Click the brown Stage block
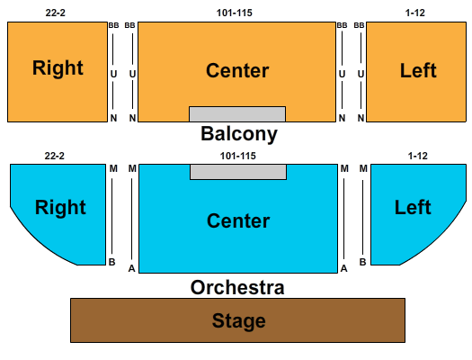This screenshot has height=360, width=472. coord(237,320)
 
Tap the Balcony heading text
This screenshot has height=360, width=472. coord(239,134)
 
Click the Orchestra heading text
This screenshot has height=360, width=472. coord(237,287)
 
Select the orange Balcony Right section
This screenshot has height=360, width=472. coord(58,72)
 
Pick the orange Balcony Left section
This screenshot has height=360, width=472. coord(416,72)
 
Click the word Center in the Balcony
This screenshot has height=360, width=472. coord(237,71)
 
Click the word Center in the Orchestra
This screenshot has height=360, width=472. coord(238,220)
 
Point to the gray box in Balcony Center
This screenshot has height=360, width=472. coord(237,114)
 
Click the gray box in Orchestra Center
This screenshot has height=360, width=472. coord(238,172)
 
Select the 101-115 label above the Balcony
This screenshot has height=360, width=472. coord(234,13)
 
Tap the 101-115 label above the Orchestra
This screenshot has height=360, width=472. coord(238,156)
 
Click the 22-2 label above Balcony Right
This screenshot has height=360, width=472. coord(56,13)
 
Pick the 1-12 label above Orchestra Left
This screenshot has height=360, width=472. coord(418,156)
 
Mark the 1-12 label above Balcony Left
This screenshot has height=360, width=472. coord(415,13)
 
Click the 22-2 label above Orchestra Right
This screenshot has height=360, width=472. coord(55,156)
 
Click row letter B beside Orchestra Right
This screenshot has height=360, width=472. coord(112,262)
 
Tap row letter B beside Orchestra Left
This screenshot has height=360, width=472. coord(362,262)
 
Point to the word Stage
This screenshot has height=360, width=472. coord(239,320)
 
